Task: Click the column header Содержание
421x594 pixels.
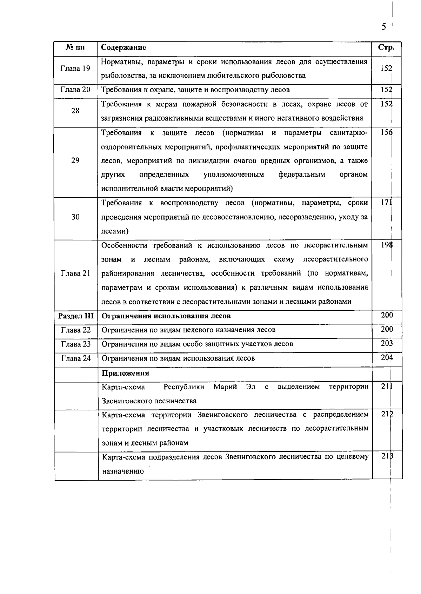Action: [x=123, y=47]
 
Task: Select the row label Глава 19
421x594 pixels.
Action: [x=75, y=68]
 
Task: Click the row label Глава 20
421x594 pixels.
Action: [x=75, y=90]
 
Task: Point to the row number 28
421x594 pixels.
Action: [x=75, y=111]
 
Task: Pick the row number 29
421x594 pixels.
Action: [x=75, y=160]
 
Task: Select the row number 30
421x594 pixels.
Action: [x=75, y=217]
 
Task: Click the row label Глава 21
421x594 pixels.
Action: [x=75, y=273]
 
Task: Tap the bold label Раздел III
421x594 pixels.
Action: [x=76, y=316]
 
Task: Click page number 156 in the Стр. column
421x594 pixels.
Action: [x=386, y=132]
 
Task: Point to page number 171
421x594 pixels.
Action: [x=386, y=203]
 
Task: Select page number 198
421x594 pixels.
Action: [x=386, y=245]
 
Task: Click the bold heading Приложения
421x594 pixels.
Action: [x=125, y=373]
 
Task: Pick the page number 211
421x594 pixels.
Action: [x=387, y=386]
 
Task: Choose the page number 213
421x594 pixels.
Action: [x=387, y=456]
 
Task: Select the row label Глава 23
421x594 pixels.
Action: [x=76, y=344]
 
